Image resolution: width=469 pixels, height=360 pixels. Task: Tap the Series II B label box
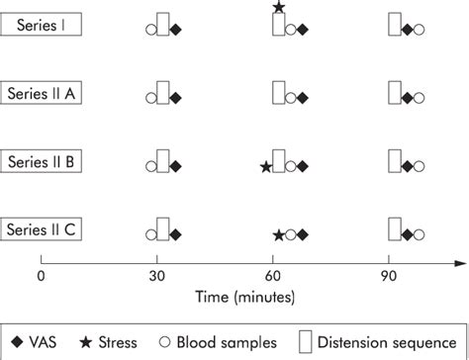click(x=41, y=161)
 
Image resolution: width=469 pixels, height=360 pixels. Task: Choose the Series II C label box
click(x=41, y=229)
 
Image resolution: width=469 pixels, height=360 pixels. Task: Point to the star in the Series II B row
click(x=265, y=166)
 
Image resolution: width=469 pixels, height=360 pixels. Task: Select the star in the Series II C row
click(x=278, y=234)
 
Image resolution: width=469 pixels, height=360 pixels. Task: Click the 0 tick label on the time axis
click(x=41, y=277)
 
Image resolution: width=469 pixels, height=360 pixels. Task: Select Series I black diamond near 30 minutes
click(x=176, y=30)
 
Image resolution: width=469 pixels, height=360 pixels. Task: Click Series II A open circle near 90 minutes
click(x=419, y=98)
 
